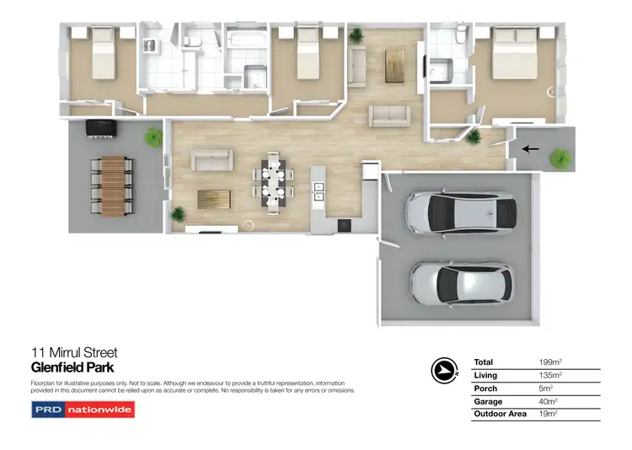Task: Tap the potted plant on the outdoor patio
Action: pos(153,137)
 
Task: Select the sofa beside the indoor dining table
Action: pos(212,160)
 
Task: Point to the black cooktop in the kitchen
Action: pos(344,225)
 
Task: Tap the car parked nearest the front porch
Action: pos(461,212)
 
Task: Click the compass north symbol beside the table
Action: pos(442,370)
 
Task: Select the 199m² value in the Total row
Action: pos(551,362)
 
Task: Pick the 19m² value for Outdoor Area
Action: pos(549,415)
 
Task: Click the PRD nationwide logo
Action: pos(83,410)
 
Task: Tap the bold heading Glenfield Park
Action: pos(72,367)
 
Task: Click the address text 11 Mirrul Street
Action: pos(74,352)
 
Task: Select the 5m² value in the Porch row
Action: pos(548,388)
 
